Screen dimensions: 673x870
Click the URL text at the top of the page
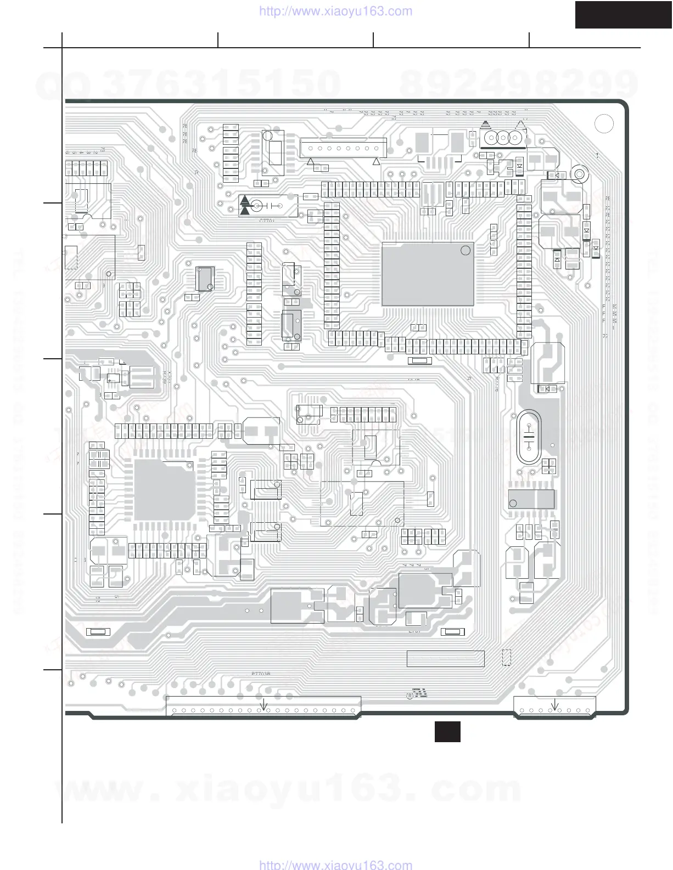(x=335, y=11)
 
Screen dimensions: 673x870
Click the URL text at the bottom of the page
(x=335, y=865)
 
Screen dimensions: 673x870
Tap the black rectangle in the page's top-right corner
(x=623, y=14)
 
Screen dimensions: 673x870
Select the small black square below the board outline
(x=447, y=732)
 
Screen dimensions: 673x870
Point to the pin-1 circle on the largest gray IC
(x=465, y=251)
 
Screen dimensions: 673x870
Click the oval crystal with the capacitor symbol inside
(x=529, y=437)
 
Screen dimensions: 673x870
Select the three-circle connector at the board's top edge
(x=502, y=137)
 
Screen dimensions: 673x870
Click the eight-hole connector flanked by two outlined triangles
(x=343, y=149)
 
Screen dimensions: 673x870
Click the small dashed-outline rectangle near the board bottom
(x=507, y=658)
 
